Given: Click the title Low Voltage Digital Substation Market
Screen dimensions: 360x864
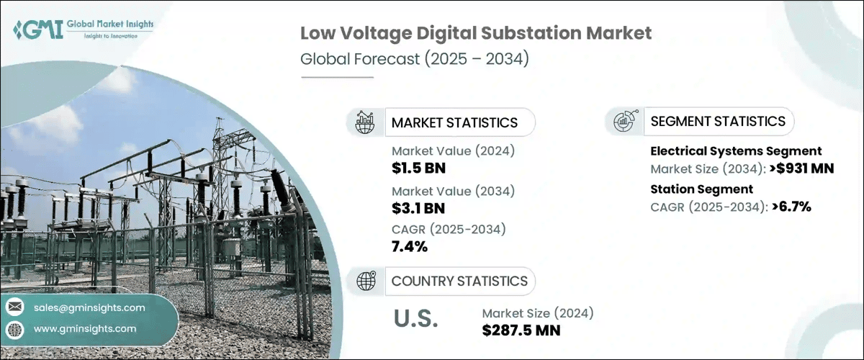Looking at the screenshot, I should click(x=476, y=33).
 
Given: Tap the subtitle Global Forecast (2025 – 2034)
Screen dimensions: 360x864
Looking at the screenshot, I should click(x=415, y=58).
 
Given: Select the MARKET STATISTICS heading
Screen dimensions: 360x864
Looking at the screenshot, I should click(x=454, y=122).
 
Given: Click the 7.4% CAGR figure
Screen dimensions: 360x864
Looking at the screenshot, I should click(x=410, y=248).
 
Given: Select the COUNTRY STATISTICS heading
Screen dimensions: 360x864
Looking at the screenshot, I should click(x=459, y=281).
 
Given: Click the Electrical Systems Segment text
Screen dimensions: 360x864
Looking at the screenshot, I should click(x=736, y=151).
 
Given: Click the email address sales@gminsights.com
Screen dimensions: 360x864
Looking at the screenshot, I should click(x=89, y=307).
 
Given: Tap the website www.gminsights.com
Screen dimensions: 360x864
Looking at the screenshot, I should click(x=85, y=328).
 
